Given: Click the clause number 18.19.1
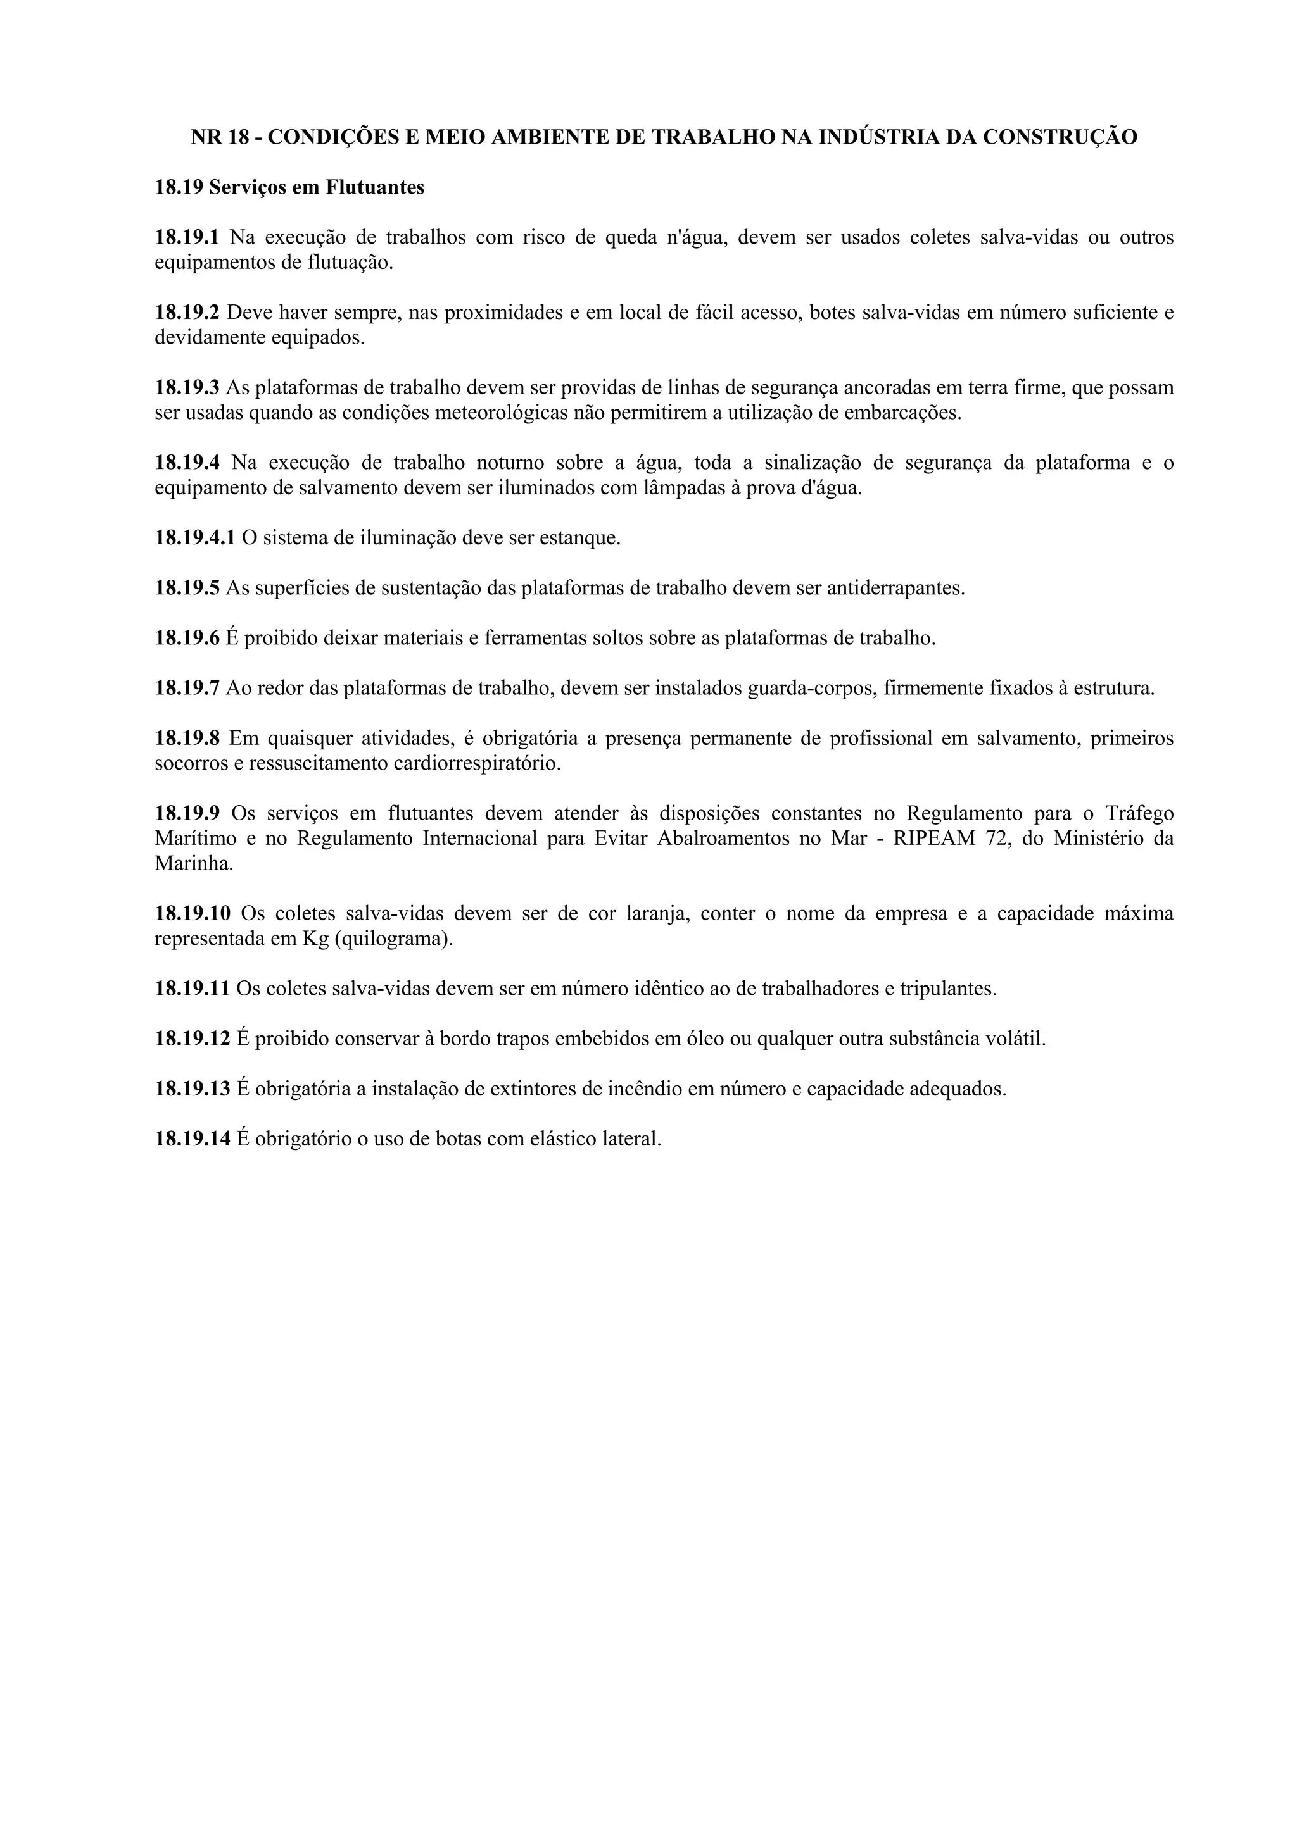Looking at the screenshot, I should pos(186,237).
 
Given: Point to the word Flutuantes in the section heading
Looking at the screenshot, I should pos(375,188).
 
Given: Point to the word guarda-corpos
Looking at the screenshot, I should pos(803,688).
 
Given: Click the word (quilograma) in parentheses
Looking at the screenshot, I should pos(393,938).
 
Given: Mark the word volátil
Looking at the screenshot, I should pos(1017,1039).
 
